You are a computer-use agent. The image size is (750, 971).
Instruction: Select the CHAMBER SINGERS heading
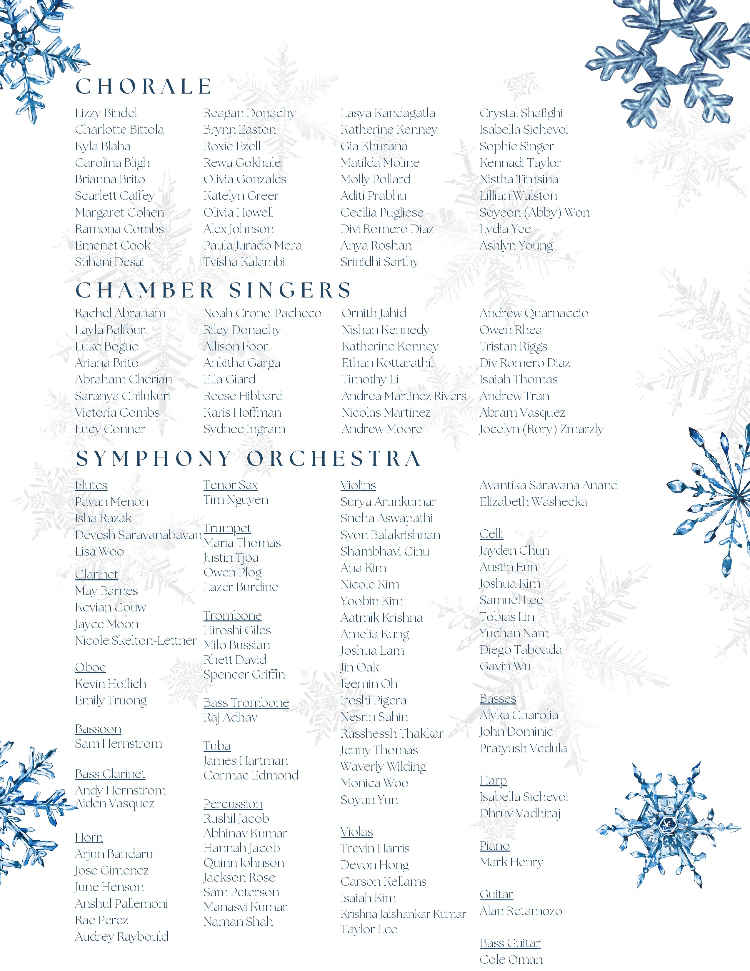(x=213, y=290)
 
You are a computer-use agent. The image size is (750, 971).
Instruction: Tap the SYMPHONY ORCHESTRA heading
(x=248, y=459)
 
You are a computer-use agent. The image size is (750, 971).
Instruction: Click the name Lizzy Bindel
(x=106, y=113)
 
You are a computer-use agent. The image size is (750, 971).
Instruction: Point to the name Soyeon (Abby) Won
(x=534, y=212)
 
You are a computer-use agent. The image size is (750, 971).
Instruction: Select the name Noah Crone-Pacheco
(x=262, y=313)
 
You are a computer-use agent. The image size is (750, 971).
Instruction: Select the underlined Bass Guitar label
(x=510, y=943)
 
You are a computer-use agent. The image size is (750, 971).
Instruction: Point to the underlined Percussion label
(x=233, y=804)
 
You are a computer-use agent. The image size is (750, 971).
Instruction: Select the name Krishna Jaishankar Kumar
(x=403, y=914)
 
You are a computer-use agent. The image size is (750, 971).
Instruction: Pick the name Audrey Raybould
(x=121, y=937)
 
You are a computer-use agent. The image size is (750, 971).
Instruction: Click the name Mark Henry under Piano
(x=511, y=862)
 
